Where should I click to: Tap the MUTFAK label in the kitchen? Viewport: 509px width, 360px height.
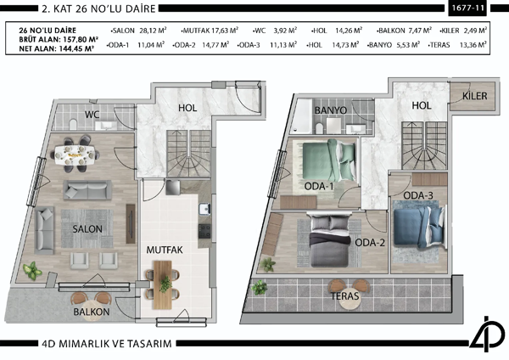click(166, 251)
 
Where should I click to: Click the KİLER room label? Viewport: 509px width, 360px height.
click(474, 97)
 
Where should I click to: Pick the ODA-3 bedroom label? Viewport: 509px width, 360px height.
click(418, 196)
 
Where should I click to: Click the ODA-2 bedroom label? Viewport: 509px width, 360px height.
click(372, 243)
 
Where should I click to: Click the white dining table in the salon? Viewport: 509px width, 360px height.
click(76, 154)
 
